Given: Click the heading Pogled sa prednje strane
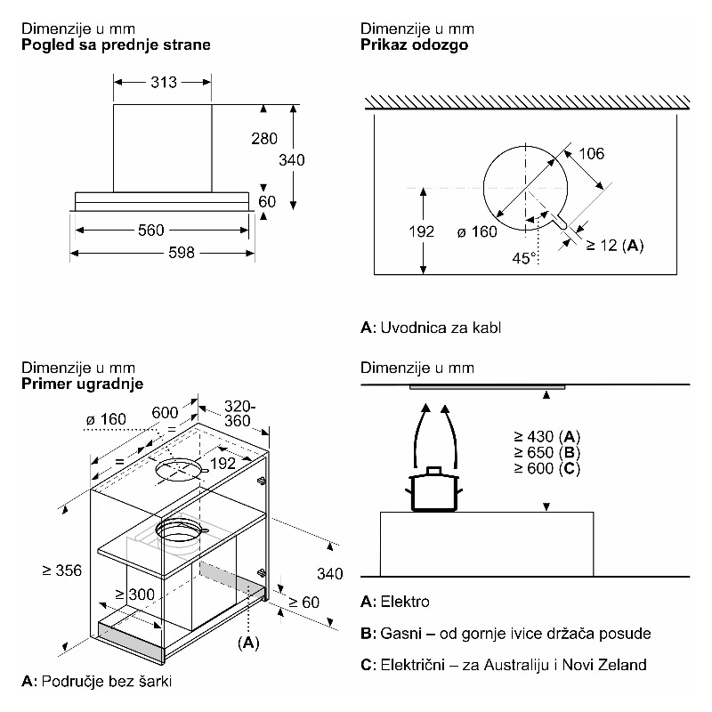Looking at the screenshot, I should (117, 44).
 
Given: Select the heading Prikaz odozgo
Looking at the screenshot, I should (414, 44).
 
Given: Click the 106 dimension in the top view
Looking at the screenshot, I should (591, 154).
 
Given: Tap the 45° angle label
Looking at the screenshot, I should (524, 258).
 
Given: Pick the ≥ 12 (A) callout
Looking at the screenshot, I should (614, 244).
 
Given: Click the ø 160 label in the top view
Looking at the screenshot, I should (476, 232).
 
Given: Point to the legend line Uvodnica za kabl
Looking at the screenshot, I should (431, 328).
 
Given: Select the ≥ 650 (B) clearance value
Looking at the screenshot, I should (546, 453).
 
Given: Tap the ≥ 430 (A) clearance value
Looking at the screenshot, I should (546, 436).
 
